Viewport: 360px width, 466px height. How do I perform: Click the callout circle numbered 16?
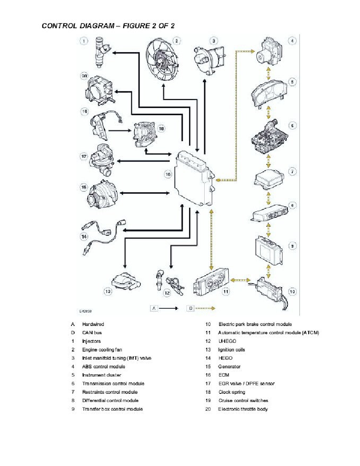[168, 174]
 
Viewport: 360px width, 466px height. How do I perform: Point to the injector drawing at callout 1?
[98, 51]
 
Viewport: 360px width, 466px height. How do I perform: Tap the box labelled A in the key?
[155, 308]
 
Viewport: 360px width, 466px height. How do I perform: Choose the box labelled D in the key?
[191, 308]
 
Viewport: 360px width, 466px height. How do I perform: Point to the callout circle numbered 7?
[292, 171]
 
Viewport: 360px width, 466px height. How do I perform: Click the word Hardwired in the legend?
[93, 324]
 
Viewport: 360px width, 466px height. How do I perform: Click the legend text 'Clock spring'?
[231, 392]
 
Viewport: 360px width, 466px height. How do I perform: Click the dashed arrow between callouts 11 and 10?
[241, 280]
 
